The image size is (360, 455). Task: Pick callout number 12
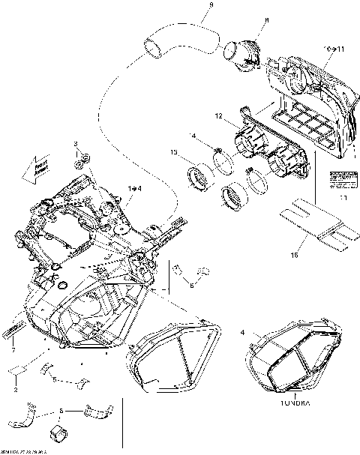point(218,117)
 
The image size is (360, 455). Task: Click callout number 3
point(75,142)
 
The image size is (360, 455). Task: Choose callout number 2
point(16,390)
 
